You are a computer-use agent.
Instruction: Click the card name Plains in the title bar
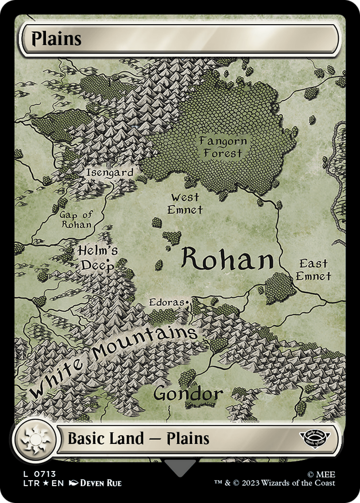[x=56, y=39]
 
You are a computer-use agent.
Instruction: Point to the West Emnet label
[x=185, y=203]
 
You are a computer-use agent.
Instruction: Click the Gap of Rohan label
[x=76, y=219]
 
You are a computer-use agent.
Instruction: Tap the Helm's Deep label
[x=97, y=258]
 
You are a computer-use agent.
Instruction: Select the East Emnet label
[x=313, y=270]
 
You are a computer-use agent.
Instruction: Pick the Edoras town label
[x=166, y=303]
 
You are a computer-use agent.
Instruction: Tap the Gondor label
[x=188, y=394]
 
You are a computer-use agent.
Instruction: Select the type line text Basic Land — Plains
[x=138, y=439]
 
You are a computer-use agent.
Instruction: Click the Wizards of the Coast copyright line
[x=274, y=483]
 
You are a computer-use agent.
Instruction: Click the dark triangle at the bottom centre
[x=180, y=467]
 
